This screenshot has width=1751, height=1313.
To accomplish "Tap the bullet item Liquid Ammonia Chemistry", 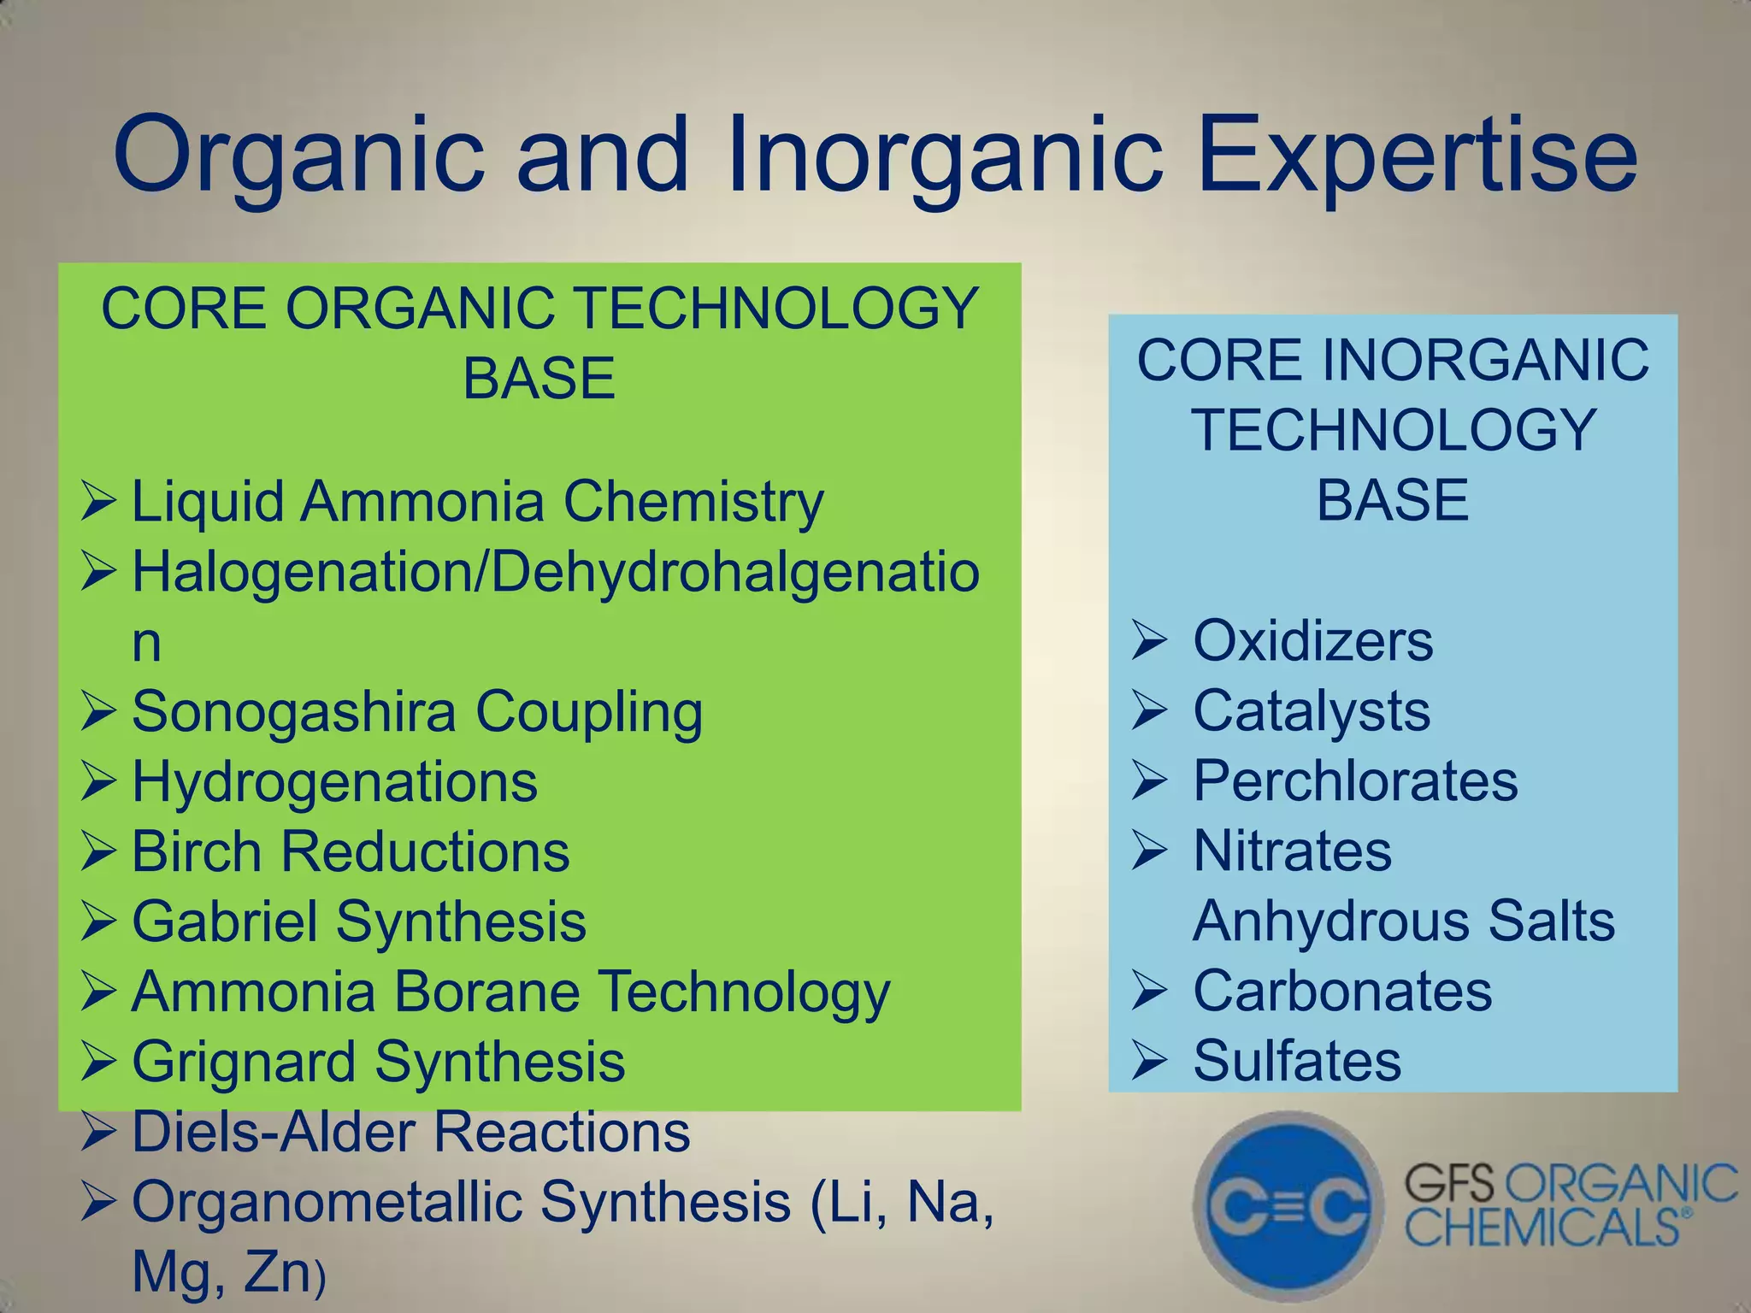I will click(x=477, y=502).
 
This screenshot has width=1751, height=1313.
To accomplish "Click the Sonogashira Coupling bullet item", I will click(x=417, y=712).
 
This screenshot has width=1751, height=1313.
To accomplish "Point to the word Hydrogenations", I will click(x=334, y=782).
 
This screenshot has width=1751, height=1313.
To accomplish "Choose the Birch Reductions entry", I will click(x=351, y=852).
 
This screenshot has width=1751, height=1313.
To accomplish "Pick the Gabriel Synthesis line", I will click(x=359, y=922).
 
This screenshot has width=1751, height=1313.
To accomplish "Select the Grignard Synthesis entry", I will click(x=378, y=1062).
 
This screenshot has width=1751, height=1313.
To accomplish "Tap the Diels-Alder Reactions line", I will click(x=410, y=1132).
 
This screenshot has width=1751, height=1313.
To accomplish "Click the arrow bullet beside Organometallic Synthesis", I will click(x=98, y=1203).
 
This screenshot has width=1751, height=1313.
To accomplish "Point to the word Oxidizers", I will click(x=1312, y=641).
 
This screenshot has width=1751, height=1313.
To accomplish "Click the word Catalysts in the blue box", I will click(x=1311, y=711).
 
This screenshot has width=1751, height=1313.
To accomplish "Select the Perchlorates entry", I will click(x=1355, y=781).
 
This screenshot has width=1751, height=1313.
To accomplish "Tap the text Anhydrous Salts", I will click(x=1403, y=921).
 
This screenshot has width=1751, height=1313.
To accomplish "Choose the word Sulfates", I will click(x=1297, y=1062).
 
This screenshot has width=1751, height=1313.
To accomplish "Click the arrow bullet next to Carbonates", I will click(x=1149, y=992).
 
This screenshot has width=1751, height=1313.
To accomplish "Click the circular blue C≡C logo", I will click(x=1288, y=1205).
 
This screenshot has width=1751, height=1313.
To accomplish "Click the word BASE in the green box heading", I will click(x=539, y=379).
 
